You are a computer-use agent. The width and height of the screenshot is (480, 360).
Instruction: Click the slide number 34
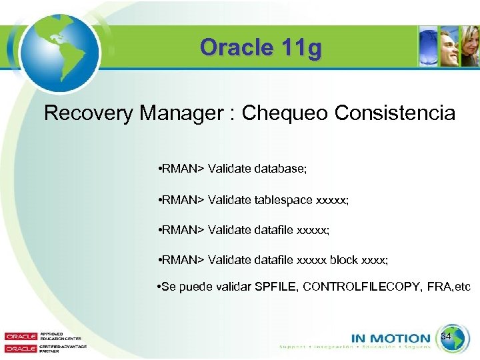pos(447,337)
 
